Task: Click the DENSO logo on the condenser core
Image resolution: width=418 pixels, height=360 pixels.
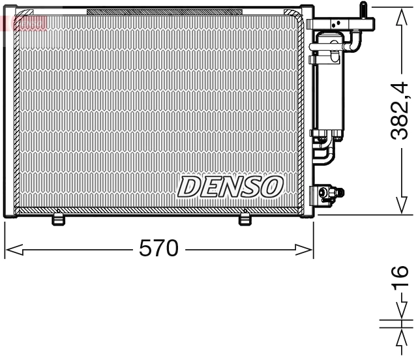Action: tap(230, 187)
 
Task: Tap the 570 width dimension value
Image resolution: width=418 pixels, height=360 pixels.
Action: tap(158, 248)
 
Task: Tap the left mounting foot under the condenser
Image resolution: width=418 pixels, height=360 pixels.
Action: tap(59, 220)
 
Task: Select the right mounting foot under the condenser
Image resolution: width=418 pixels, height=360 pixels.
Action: tap(245, 220)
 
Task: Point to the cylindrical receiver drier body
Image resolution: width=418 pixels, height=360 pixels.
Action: tap(327, 91)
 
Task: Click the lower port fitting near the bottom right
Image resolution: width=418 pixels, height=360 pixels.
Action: tap(329, 194)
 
